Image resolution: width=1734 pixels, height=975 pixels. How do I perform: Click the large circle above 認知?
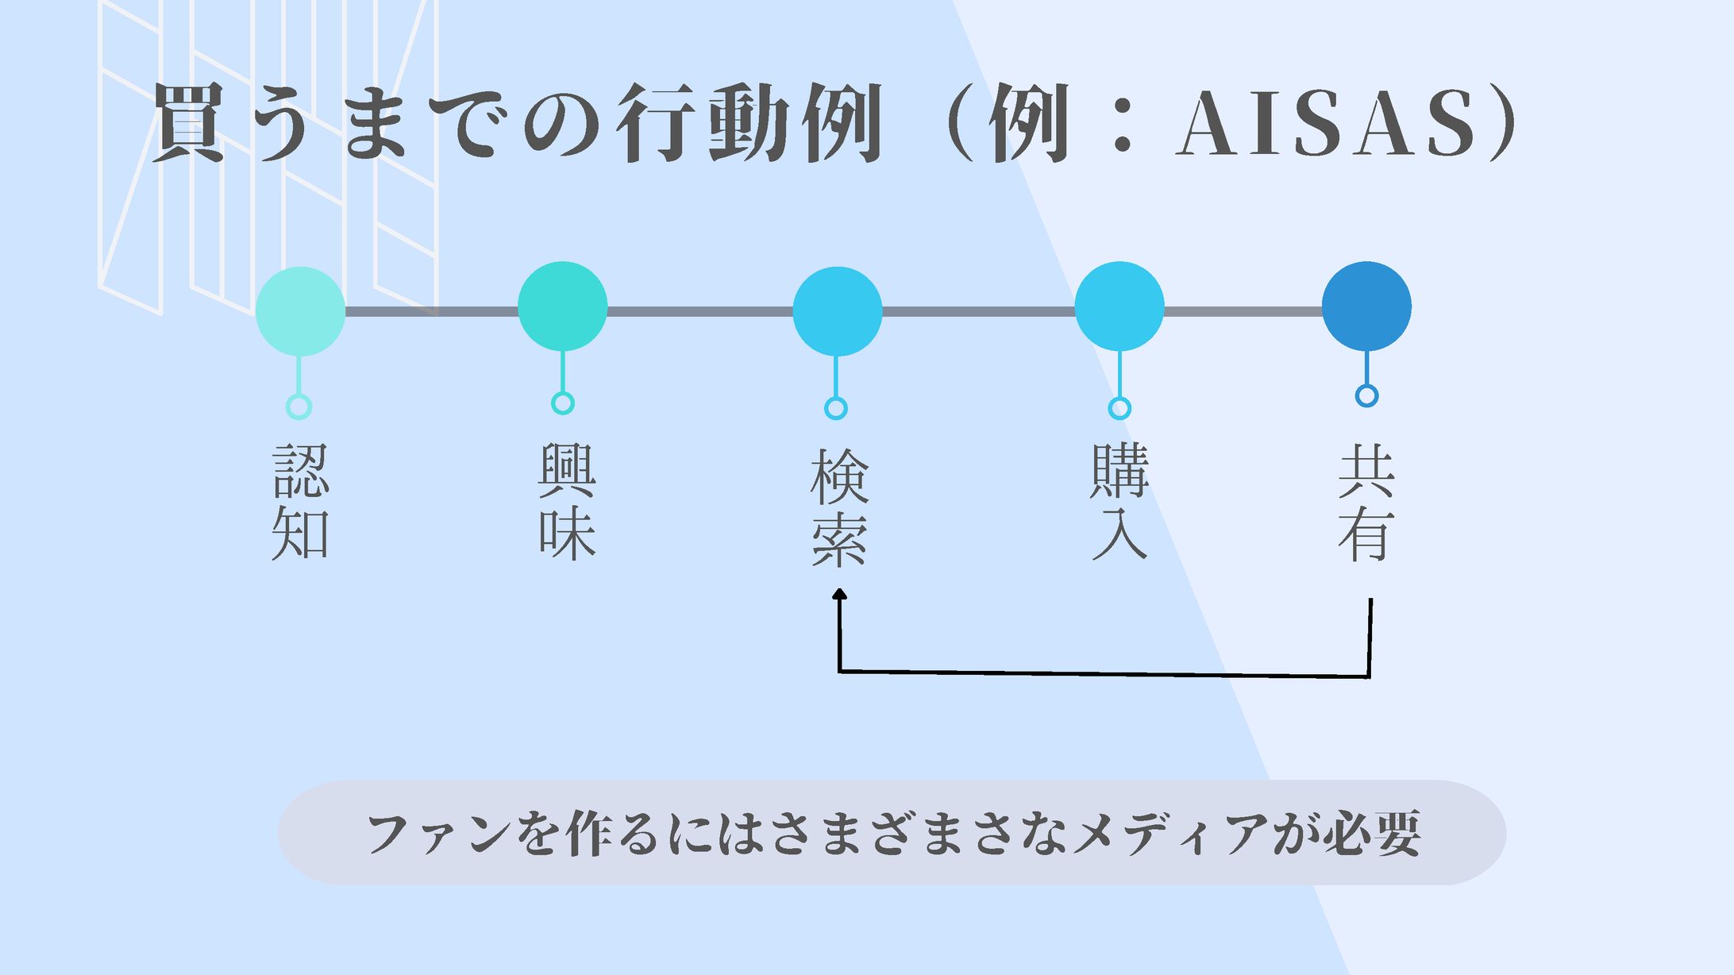pyautogui.click(x=300, y=311)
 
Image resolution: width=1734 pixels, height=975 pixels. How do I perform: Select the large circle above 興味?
pyautogui.click(x=562, y=306)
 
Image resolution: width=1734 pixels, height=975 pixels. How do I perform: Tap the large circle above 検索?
pyautogui.click(x=837, y=311)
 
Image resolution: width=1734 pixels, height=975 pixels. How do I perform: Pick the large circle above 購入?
pyautogui.click(x=1119, y=306)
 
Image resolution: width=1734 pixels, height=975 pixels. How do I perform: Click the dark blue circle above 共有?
pyautogui.click(x=1366, y=306)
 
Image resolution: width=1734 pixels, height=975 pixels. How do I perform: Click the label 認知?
pyautogui.click(x=300, y=502)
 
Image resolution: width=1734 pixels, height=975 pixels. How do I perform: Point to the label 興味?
pyautogui.click(x=566, y=502)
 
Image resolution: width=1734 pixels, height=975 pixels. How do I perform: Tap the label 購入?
pyautogui.click(x=1119, y=502)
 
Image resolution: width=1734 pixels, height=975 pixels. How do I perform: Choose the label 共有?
pyautogui.click(x=1366, y=502)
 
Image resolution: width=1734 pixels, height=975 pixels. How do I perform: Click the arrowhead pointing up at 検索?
pyautogui.click(x=839, y=594)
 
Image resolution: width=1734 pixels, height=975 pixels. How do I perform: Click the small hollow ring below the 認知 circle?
pyautogui.click(x=299, y=407)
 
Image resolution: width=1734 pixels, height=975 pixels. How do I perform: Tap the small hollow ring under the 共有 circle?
pyautogui.click(x=1366, y=395)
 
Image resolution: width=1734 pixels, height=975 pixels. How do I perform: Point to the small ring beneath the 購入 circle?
pyautogui.click(x=1119, y=408)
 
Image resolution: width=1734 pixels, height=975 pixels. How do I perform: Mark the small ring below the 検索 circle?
pyautogui.click(x=836, y=408)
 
